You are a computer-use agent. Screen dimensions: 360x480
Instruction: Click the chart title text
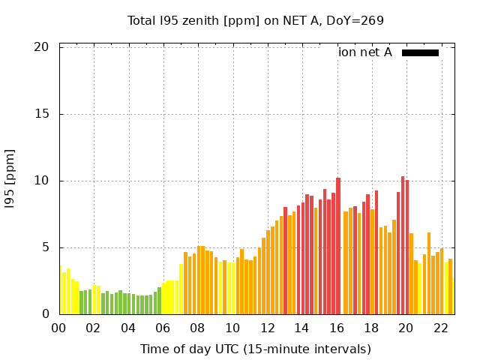pos(255,20)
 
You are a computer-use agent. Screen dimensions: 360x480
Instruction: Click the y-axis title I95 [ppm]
pos(10,180)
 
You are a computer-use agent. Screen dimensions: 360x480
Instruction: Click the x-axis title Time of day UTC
pos(255,349)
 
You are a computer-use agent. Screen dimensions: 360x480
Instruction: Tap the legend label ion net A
pos(365,52)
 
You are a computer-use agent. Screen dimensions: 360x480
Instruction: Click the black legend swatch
pos(420,52)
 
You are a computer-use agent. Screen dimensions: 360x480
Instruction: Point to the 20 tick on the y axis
pos(42,47)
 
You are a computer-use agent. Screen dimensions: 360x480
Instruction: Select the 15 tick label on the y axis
pos(42,114)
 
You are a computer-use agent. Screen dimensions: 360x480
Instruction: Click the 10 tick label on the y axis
pos(42,181)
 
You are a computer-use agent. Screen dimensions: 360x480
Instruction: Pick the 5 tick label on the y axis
pos(45,247)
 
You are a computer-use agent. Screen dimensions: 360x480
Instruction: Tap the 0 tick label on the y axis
pos(45,314)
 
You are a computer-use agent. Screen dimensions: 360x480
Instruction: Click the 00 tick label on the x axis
pos(58,328)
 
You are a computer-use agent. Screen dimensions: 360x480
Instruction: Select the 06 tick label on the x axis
pos(163,328)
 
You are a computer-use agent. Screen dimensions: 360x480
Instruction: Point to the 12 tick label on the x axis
pos(267,328)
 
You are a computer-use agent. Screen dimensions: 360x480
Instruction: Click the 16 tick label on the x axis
pos(336,328)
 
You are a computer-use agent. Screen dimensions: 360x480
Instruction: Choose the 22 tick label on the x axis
pos(440,328)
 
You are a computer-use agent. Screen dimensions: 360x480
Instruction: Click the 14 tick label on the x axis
pos(301,328)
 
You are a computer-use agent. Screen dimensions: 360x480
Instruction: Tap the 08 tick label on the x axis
pos(197,328)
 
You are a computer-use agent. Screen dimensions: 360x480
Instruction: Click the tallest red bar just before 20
pos(403,247)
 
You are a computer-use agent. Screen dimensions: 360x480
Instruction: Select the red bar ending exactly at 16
pos(338,247)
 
